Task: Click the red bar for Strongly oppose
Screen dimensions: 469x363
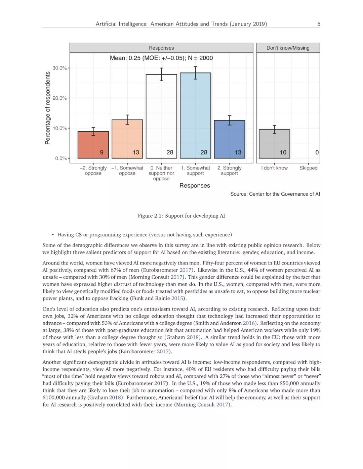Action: tap(93, 145)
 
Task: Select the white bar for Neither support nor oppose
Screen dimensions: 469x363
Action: tap(161, 116)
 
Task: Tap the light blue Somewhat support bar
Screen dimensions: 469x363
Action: tap(195, 115)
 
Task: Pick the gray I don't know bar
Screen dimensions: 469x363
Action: tap(274, 144)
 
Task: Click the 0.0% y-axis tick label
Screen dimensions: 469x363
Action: tap(61, 158)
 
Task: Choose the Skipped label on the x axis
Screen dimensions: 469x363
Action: tap(308, 168)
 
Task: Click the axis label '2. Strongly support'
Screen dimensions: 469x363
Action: tap(229, 171)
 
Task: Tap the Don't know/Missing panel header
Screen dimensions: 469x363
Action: tap(288, 48)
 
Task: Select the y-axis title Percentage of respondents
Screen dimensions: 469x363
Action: tap(47, 108)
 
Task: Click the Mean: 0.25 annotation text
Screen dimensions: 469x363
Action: tap(161, 58)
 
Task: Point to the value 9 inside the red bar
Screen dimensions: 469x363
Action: tap(102, 152)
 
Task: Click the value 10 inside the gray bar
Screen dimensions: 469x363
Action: tap(283, 152)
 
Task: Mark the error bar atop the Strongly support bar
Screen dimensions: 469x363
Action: tap(230, 120)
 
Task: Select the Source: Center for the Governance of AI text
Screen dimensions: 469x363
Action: tap(275, 194)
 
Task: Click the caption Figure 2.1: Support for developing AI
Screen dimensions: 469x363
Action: tap(181, 216)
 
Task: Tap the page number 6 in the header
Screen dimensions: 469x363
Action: tap(318, 24)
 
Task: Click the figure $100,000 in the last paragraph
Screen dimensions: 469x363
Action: tap(53, 397)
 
